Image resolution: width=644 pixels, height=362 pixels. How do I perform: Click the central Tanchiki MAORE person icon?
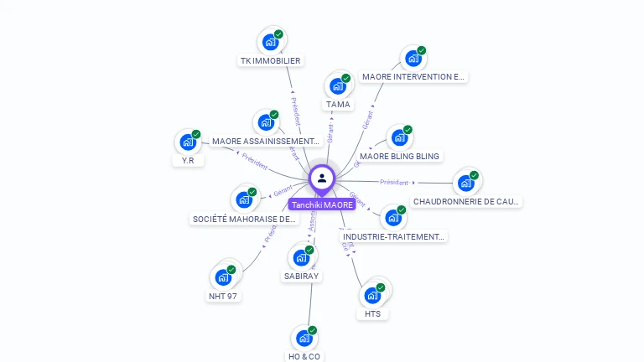(322, 178)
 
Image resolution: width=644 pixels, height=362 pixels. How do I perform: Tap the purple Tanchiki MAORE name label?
(322, 204)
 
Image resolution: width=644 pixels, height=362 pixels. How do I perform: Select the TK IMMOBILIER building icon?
(270, 41)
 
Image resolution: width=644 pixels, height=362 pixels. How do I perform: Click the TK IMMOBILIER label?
(270, 60)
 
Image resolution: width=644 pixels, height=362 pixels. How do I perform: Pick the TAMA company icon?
(338, 85)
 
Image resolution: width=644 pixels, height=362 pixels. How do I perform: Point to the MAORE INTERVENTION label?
(413, 76)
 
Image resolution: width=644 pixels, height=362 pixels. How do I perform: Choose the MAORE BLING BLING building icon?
(399, 137)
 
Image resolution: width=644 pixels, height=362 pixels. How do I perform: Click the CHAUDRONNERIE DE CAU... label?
(466, 201)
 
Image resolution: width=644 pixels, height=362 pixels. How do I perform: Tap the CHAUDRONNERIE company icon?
(466, 183)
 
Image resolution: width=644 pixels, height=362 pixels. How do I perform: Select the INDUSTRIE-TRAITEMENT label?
(393, 236)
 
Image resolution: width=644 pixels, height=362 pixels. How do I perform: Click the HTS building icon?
(373, 295)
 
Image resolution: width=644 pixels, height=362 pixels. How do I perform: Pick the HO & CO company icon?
(304, 338)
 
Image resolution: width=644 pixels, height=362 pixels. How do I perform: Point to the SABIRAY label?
(302, 276)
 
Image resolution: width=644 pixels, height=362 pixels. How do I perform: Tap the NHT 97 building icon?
(223, 277)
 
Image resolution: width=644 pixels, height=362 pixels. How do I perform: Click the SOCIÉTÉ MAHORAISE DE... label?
(244, 219)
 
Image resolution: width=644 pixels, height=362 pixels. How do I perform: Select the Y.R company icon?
(188, 142)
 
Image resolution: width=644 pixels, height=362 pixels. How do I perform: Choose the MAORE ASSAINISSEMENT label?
(266, 141)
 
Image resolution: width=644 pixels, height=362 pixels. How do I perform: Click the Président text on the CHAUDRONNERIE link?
(394, 182)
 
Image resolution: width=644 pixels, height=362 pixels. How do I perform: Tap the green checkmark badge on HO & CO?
(312, 330)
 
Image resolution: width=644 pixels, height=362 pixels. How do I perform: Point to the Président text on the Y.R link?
(254, 160)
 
